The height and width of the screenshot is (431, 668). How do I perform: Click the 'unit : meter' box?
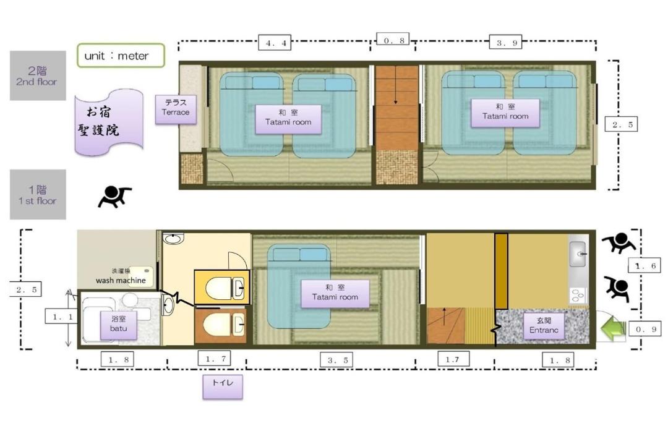tap(121, 56)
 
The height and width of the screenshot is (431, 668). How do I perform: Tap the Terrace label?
tap(176, 109)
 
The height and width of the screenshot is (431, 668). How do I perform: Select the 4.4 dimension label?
tap(275, 42)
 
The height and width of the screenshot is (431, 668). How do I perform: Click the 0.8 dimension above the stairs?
tap(393, 40)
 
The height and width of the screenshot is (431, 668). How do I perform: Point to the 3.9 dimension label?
tap(506, 42)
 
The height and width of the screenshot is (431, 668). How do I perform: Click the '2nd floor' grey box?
tap(38, 75)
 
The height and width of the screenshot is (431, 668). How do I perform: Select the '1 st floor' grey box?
tap(38, 194)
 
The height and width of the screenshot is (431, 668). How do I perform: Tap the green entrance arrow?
tap(612, 328)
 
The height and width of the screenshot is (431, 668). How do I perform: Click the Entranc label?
tap(544, 326)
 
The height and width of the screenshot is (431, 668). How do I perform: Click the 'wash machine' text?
tap(121, 280)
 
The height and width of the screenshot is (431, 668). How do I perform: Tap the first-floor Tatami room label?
tap(335, 294)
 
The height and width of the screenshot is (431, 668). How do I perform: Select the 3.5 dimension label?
tap(338, 360)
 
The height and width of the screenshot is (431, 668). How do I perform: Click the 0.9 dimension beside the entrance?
tap(645, 329)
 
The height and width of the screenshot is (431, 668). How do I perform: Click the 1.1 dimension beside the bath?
tap(62, 317)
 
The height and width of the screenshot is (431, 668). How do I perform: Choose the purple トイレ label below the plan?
tap(223, 386)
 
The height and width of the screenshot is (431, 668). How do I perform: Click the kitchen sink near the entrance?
tap(578, 254)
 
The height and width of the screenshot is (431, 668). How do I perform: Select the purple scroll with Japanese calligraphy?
tap(109, 122)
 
